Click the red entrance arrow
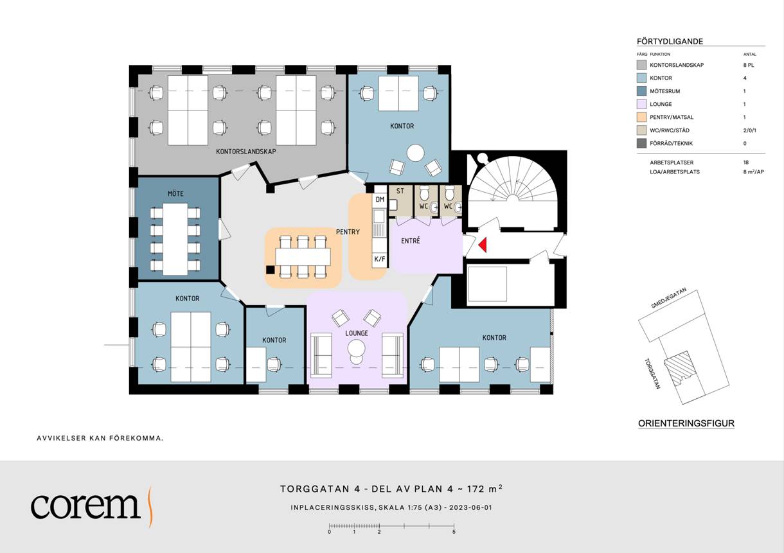coord(483,245)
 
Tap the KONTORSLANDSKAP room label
coord(245,152)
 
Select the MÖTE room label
coord(175,193)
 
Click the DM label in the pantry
coord(380,199)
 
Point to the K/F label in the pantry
coord(380,259)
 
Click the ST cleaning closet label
coord(400,191)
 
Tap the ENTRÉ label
coord(410,241)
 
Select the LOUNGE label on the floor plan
coord(356,333)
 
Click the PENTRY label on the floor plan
coord(348,232)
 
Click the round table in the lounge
coord(356,349)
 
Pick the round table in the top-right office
coord(415,154)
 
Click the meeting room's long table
coord(175,240)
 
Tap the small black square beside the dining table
coord(270,270)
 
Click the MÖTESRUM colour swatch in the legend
coord(641,91)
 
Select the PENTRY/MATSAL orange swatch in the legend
coord(641,117)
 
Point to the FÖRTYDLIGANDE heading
coord(670,41)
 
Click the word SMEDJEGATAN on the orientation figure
coord(668,298)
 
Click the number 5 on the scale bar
coord(454,532)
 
